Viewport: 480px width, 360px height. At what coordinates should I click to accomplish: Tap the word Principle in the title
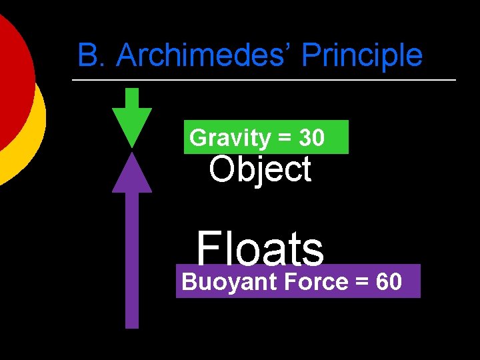362,55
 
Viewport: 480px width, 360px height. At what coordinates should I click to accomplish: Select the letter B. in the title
93,55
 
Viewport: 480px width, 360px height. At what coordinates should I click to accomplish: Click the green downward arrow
132,117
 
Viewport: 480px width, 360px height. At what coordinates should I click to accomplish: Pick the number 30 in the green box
312,138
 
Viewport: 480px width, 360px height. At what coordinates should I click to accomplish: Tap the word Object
260,169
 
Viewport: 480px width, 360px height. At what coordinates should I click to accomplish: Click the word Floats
260,249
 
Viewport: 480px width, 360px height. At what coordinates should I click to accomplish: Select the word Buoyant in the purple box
229,282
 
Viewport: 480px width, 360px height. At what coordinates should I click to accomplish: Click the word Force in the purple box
315,282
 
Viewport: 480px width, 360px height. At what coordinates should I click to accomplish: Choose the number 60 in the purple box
389,282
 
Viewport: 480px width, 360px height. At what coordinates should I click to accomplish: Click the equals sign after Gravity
285,139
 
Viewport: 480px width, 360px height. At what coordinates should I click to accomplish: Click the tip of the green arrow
132,145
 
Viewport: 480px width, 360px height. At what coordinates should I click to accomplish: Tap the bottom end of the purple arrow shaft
132,325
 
